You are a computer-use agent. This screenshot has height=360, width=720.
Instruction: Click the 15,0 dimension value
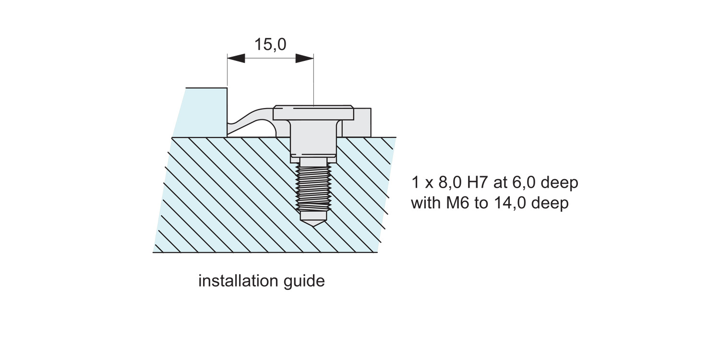pos(270,45)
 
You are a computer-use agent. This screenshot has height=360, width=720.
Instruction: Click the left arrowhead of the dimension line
pos(236,59)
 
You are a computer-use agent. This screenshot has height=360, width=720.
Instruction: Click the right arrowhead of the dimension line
pos(304,59)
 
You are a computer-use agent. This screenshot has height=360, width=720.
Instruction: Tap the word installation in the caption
pos(233,281)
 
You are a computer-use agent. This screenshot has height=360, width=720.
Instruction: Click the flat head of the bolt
pos(313,113)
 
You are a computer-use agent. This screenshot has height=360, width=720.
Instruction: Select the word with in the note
pos(426,203)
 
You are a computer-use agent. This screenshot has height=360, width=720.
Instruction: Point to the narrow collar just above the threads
pos(313,161)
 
